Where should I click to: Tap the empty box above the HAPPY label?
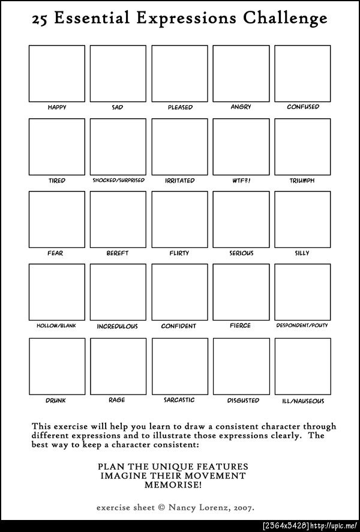pos(57,73)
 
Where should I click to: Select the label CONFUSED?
pos(302,107)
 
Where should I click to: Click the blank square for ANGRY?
pos(241,73)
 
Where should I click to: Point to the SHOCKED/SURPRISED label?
pos(118,180)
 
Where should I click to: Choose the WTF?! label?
pos(241,180)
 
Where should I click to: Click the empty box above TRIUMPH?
pos(302,147)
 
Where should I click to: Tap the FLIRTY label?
pos(179,253)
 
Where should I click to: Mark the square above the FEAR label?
pos(57,220)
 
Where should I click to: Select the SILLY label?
pos(302,253)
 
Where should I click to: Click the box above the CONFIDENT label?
pos(179,292)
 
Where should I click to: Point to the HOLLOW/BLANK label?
pos(57,326)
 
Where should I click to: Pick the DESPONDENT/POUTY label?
pos(302,326)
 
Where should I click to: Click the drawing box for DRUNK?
pos(57,366)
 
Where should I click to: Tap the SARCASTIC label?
pos(179,400)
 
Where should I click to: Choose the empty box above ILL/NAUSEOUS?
pos(302,366)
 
